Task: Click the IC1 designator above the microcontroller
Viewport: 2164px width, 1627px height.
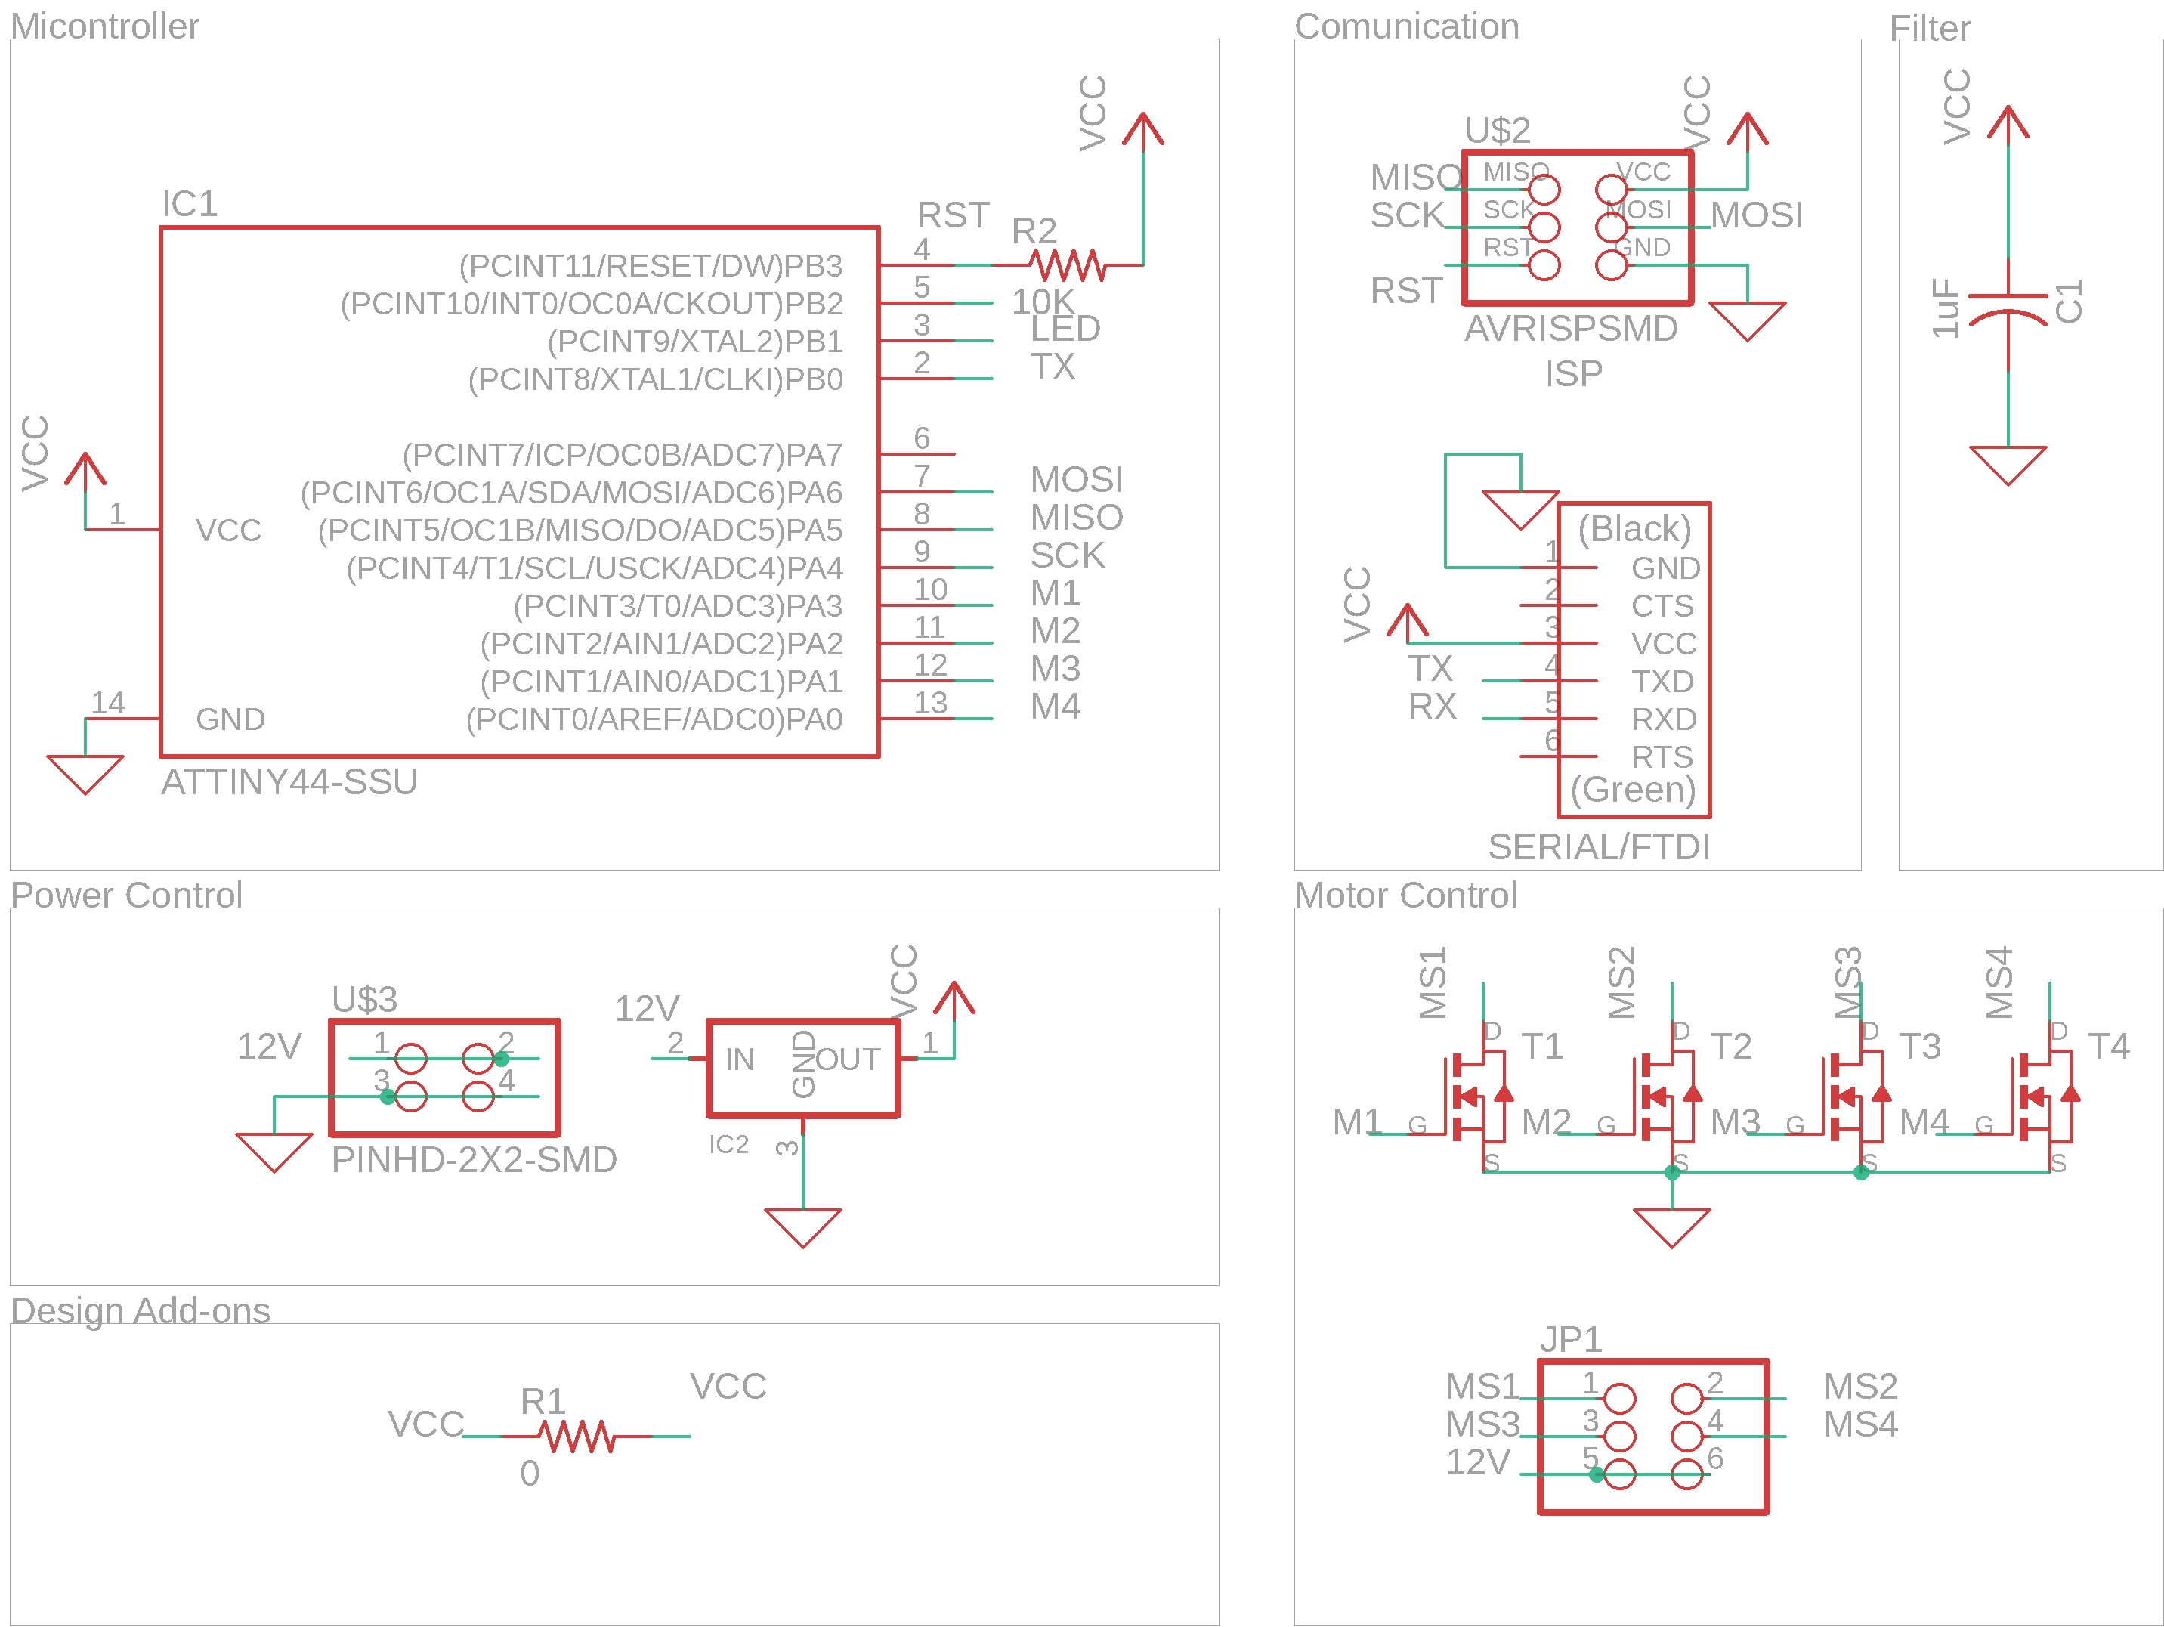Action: click(189, 203)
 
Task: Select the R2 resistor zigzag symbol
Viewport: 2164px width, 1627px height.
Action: click(1068, 264)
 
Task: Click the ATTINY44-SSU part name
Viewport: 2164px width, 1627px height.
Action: click(289, 781)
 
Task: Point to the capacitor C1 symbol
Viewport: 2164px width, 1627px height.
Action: click(2008, 305)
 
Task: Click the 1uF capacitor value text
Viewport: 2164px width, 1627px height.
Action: click(1946, 308)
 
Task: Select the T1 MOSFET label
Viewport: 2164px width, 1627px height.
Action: click(1542, 1046)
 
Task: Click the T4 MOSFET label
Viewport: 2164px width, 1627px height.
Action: click(2108, 1046)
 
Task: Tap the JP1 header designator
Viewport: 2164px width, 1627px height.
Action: click(1571, 1338)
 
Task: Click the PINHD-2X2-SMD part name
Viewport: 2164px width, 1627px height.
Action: click(474, 1159)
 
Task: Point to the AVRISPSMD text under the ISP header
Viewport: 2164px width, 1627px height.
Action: click(1571, 329)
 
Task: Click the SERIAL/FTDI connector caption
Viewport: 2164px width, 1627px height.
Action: click(1599, 846)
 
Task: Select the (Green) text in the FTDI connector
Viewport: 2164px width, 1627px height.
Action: click(1633, 788)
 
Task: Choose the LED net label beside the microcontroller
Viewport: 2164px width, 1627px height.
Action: click(1065, 329)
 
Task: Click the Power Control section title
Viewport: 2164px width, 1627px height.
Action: click(126, 894)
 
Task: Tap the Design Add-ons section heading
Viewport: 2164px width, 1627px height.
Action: click(140, 1310)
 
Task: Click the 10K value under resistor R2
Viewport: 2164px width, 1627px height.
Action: click(1043, 302)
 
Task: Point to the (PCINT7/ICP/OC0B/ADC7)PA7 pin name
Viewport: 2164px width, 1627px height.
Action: click(622, 454)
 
